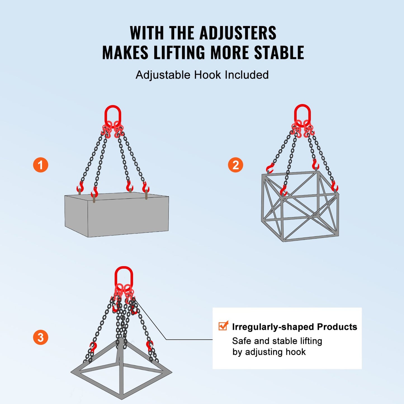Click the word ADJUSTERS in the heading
pyautogui.click(x=238, y=33)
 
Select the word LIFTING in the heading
pyautogui.click(x=179, y=53)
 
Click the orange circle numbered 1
pyautogui.click(x=41, y=165)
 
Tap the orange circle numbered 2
pyautogui.click(x=235, y=165)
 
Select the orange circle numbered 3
pyautogui.click(x=41, y=337)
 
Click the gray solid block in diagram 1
pyautogui.click(x=117, y=215)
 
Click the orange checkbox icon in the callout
pyautogui.click(x=223, y=326)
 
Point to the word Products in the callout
pyautogui.click(x=337, y=327)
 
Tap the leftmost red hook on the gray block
pyautogui.click(x=80, y=187)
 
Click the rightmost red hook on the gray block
pyautogui.click(x=146, y=187)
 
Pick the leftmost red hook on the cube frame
pyautogui.click(x=270, y=168)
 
